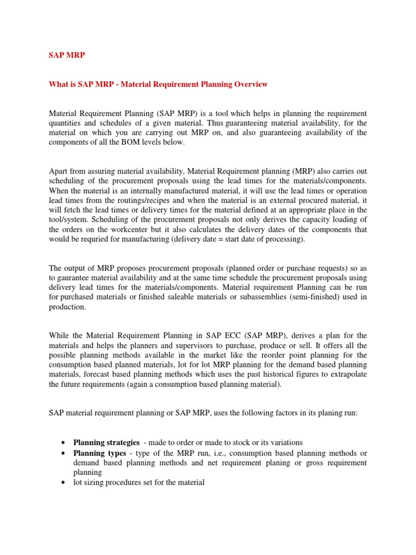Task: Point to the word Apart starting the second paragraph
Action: (x=60, y=171)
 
